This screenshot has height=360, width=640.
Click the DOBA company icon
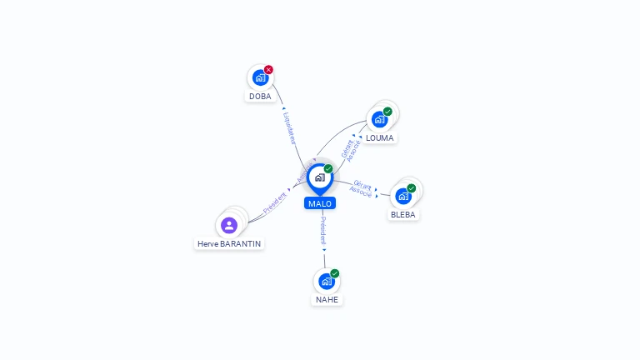point(260,77)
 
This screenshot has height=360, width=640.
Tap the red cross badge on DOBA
point(268,70)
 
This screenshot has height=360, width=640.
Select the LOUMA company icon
point(380,119)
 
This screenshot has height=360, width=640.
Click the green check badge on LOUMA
point(387,112)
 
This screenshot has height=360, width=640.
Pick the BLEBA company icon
point(403,196)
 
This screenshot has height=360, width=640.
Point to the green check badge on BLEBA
point(411,188)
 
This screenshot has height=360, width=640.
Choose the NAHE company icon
point(327,281)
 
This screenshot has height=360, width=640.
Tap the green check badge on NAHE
point(335,273)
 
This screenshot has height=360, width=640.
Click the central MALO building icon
point(319,177)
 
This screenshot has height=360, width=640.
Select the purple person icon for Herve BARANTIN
point(229,225)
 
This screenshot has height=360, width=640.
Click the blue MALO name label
point(320,203)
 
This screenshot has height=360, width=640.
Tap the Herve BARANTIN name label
point(229,244)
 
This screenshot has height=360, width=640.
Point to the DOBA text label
point(260,96)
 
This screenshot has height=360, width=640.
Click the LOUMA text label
point(380,137)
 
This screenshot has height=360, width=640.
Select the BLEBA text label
point(403,214)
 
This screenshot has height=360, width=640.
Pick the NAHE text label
point(327,299)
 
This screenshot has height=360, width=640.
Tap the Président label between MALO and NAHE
point(323,232)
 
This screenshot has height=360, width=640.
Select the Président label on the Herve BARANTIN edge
point(275,202)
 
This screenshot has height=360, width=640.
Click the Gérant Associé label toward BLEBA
point(362,187)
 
